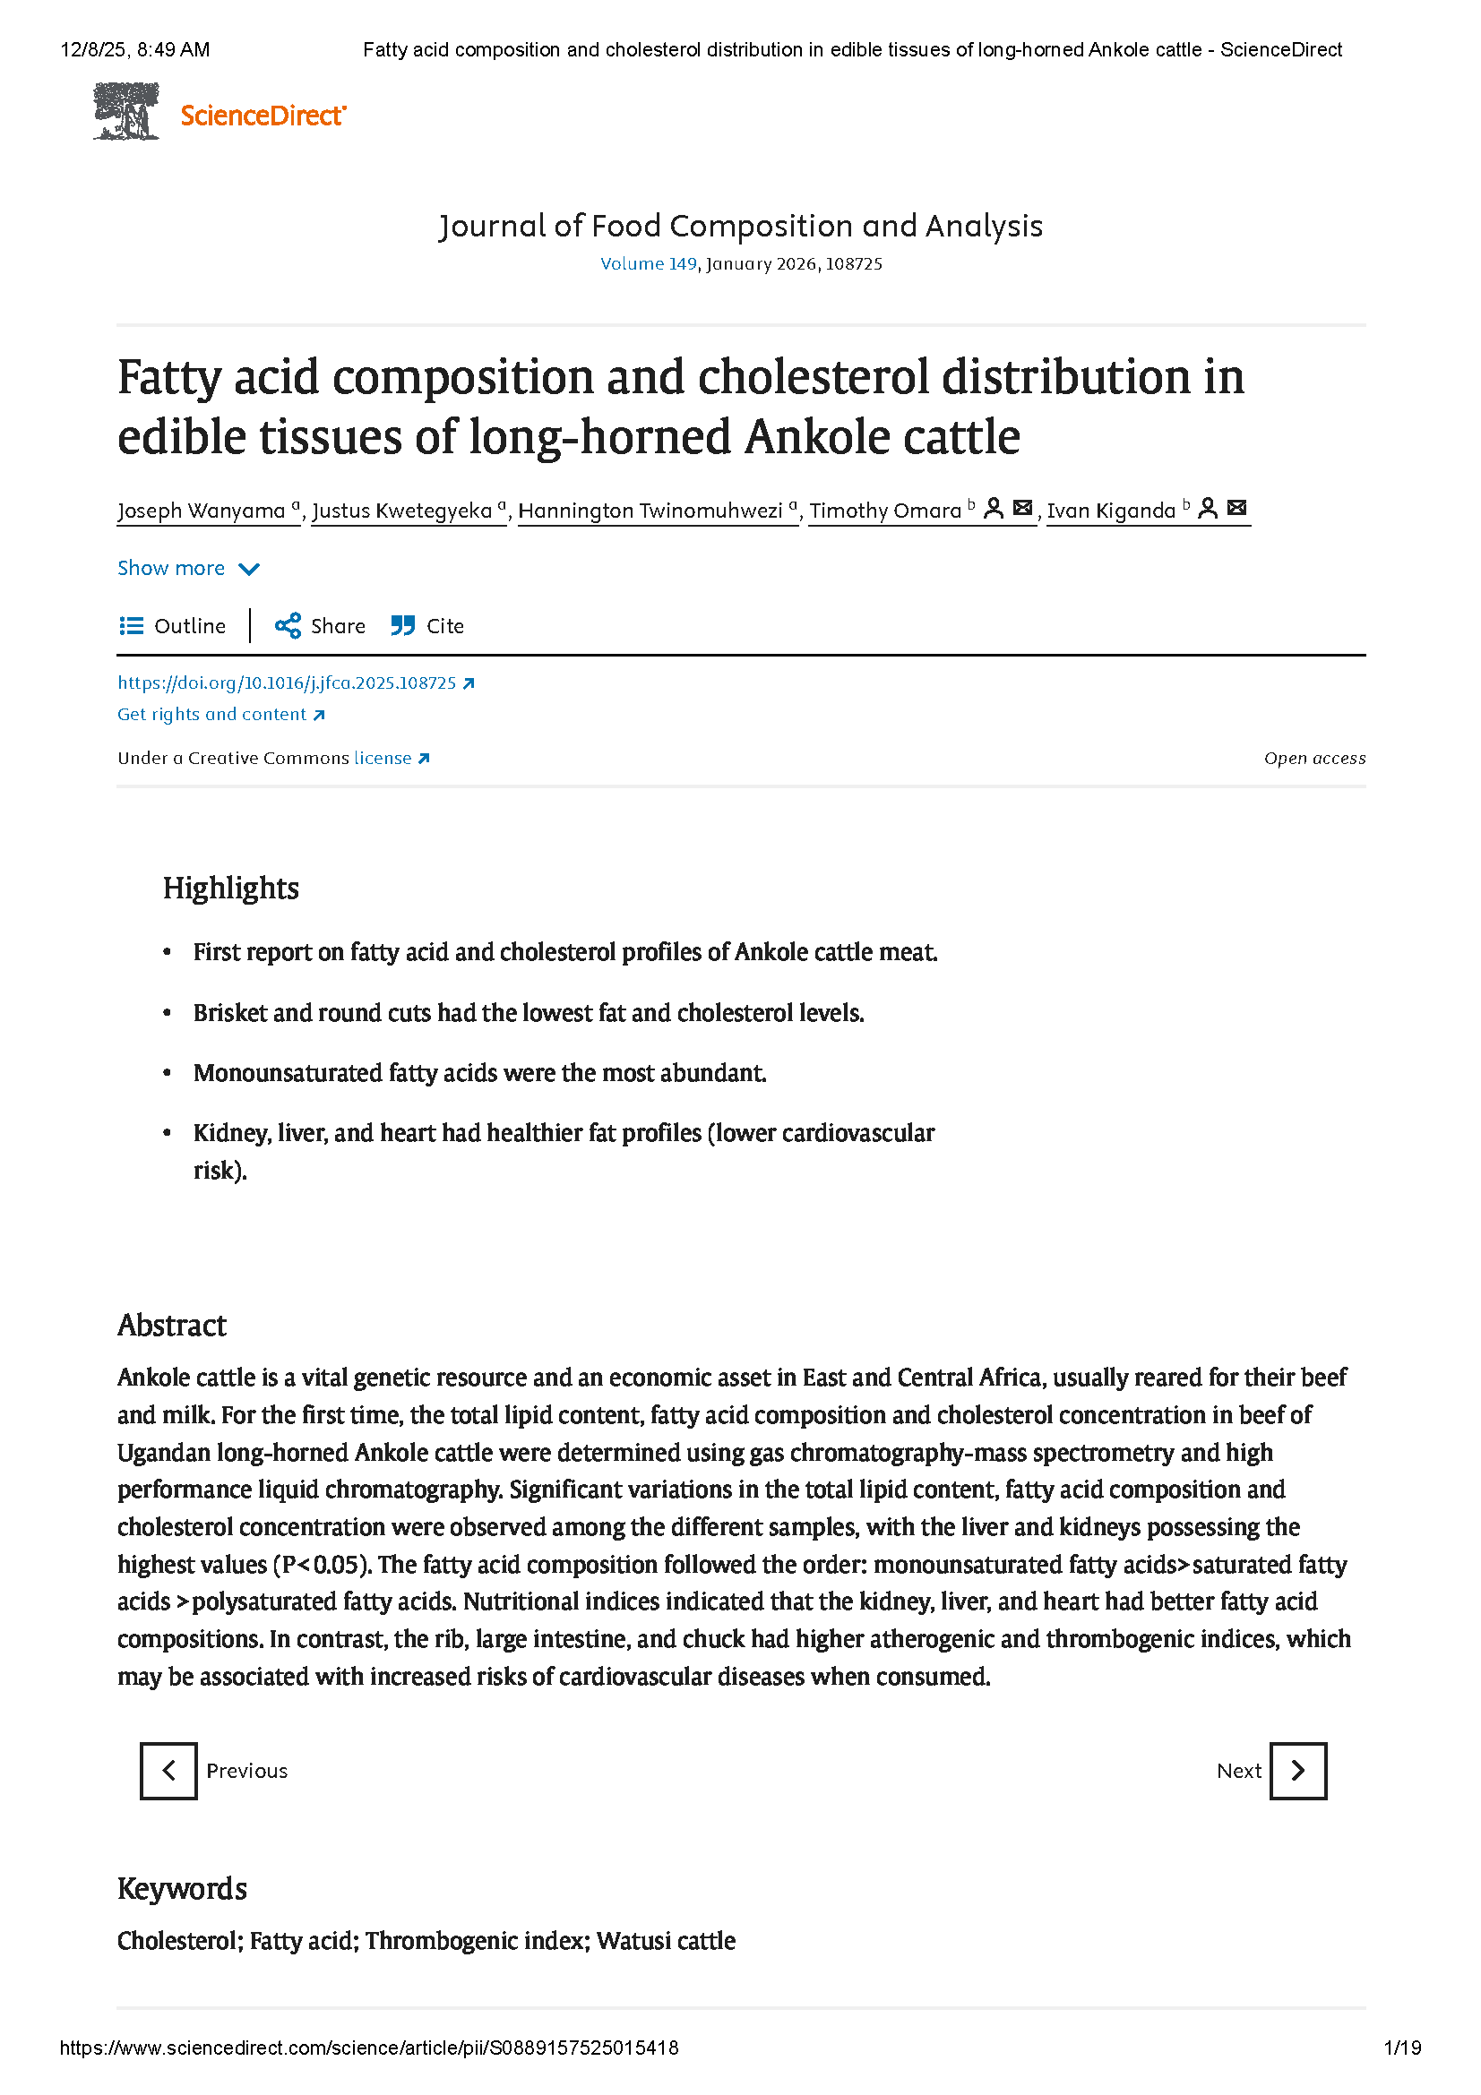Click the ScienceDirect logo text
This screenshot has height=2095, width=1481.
(263, 116)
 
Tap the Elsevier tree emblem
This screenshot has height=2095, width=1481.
(126, 111)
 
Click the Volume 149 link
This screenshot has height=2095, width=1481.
(648, 263)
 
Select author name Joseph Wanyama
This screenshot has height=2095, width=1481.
(201, 511)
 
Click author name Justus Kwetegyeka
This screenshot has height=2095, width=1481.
(401, 511)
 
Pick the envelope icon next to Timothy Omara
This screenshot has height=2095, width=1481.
(1023, 508)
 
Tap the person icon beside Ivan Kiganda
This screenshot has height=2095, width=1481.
(1207, 508)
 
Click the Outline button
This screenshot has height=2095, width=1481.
(172, 626)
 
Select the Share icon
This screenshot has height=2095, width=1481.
(288, 626)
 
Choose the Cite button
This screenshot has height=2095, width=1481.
(428, 626)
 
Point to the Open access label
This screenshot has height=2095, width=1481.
(1314, 759)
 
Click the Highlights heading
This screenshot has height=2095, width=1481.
(231, 888)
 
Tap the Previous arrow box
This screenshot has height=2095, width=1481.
(168, 1771)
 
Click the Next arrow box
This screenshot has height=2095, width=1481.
(1297, 1771)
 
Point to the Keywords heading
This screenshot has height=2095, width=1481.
(182, 1889)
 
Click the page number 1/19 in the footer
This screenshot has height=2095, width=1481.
(1401, 2048)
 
